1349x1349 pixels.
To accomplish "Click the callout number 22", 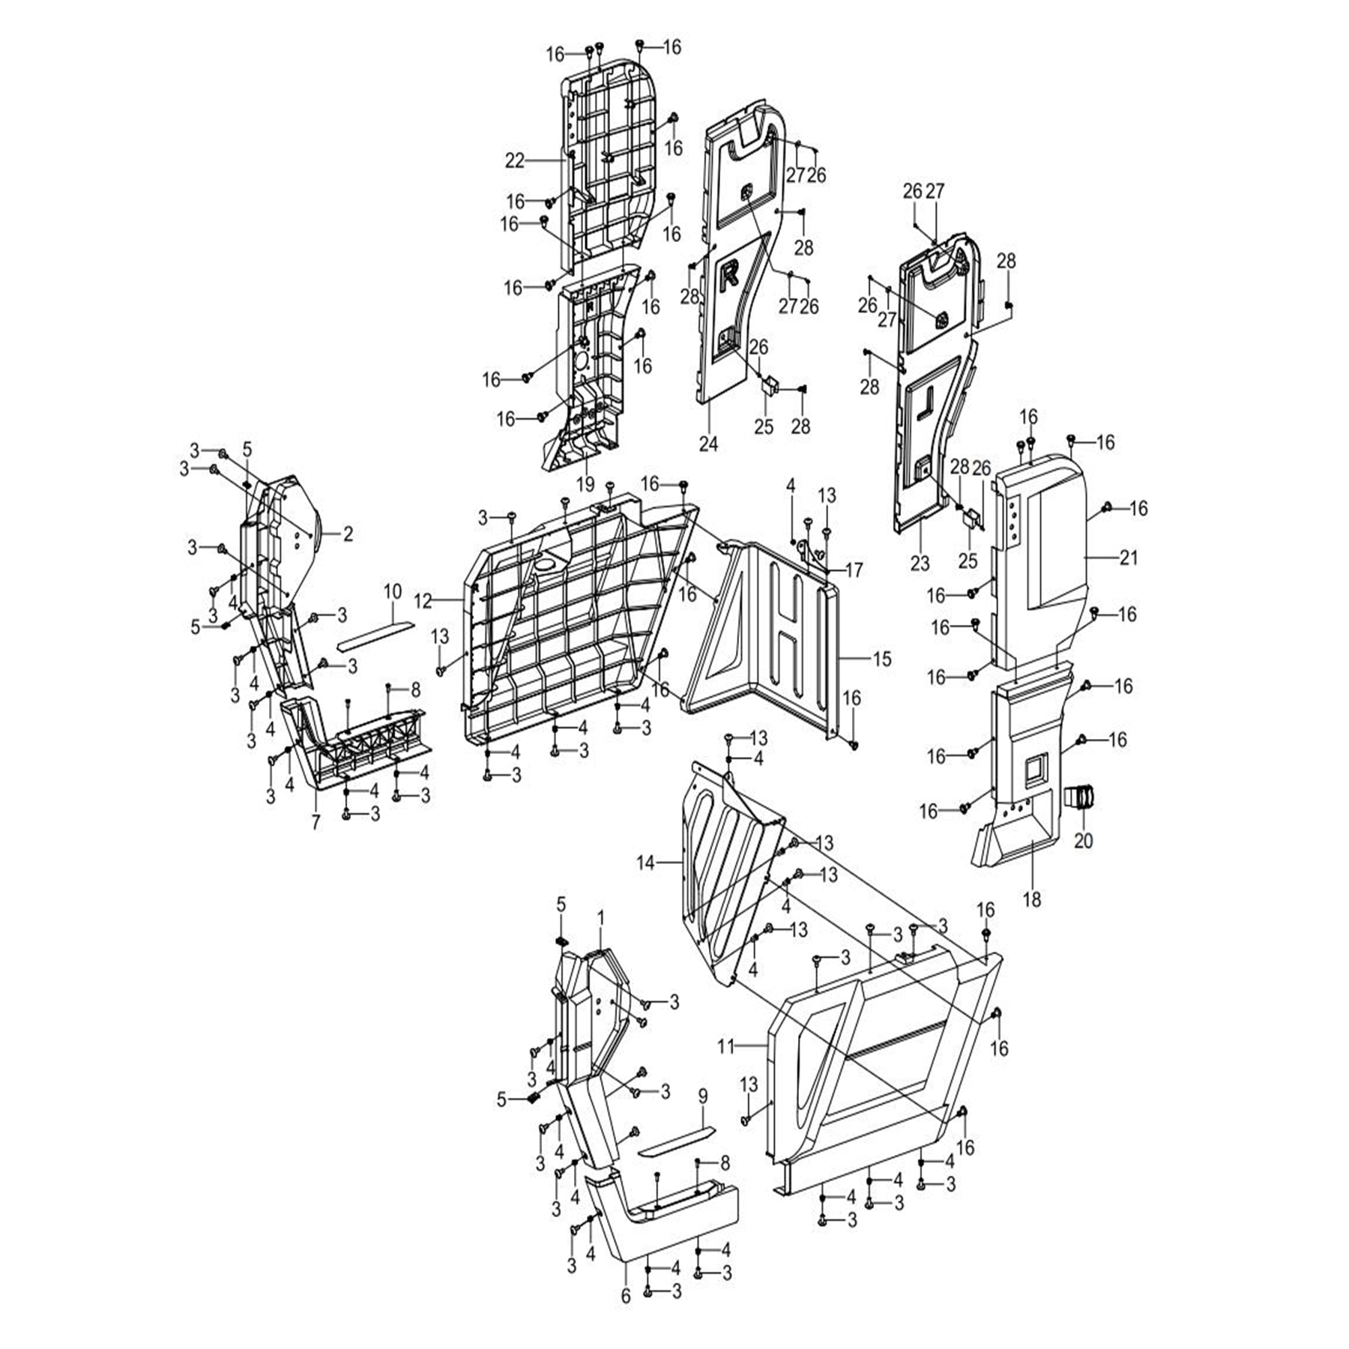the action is point(515,160).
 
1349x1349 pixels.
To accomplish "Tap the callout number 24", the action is point(708,444).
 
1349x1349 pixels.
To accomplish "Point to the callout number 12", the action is point(423,600).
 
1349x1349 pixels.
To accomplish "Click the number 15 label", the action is point(882,659).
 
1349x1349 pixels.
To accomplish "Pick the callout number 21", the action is point(1129,558).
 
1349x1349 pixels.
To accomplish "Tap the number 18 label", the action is point(1032,899).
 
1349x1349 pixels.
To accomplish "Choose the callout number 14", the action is point(646,863).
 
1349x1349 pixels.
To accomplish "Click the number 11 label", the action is point(726,1047).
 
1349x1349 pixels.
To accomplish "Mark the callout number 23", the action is point(920,563).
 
